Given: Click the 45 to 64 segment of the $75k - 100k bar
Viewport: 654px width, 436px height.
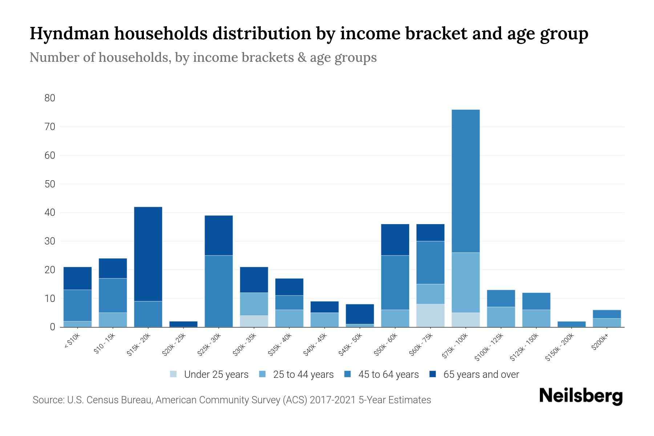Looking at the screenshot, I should [x=466, y=181].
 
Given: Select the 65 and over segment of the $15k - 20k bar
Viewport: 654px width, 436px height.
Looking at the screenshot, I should [x=148, y=254].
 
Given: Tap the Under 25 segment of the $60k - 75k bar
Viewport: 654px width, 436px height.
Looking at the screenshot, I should [x=430, y=315].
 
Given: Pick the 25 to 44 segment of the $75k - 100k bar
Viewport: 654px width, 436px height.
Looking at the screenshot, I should [x=466, y=282].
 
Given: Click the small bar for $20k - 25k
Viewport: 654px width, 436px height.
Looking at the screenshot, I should [x=183, y=324].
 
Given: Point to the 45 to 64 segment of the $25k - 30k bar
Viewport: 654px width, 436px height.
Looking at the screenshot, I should [x=219, y=291].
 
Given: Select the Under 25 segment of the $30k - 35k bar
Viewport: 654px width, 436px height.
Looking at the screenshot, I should [x=254, y=321].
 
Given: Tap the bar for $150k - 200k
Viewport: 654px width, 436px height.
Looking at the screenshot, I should [x=572, y=324].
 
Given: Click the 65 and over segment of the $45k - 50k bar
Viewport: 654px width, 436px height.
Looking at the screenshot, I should [x=360, y=314].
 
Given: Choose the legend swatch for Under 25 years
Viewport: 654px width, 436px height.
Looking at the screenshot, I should [x=174, y=374].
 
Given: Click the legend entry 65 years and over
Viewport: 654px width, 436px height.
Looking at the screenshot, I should [x=481, y=375].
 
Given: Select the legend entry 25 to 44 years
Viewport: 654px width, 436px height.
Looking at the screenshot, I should [x=303, y=375].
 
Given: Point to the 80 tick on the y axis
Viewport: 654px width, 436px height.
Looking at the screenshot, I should [x=50, y=98].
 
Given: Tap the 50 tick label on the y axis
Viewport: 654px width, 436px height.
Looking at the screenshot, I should [x=50, y=184].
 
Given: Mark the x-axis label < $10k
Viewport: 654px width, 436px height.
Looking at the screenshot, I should [x=72, y=342].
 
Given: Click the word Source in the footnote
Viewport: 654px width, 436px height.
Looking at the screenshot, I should [x=47, y=400].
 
